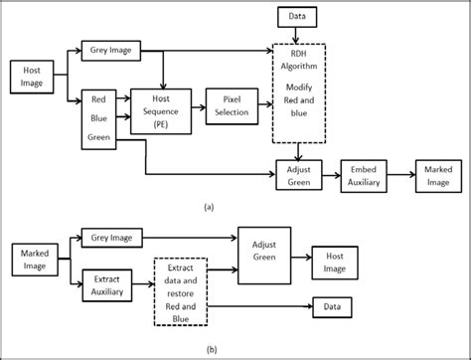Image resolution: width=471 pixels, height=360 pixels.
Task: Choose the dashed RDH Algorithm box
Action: click(302, 90)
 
